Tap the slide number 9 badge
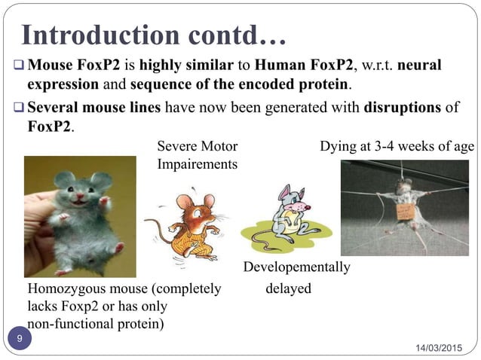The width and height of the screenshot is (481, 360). tap(20, 340)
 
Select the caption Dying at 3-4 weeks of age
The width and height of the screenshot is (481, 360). tap(397, 146)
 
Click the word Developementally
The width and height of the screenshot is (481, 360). tap(296, 267)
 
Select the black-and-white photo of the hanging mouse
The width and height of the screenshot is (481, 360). tap(405, 207)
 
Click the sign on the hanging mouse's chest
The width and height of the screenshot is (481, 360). tap(406, 212)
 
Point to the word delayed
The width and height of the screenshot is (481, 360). tap(288, 288)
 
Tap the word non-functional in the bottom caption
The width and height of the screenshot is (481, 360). tap(69, 325)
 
